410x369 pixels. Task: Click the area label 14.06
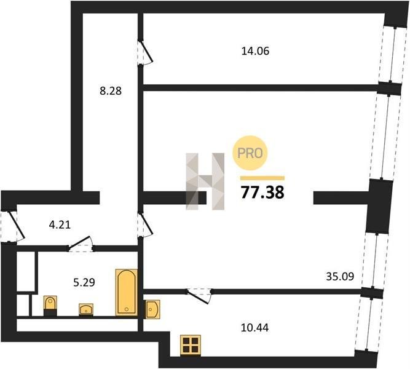coord(255,51)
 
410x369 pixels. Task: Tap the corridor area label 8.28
coord(111,91)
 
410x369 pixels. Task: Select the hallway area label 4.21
coord(60,225)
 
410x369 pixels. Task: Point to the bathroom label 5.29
coord(84,283)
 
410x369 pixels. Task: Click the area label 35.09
coord(340,276)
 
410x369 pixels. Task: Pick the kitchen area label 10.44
coord(254,328)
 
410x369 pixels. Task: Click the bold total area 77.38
coord(262,192)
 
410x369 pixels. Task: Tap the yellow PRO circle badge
coord(250,153)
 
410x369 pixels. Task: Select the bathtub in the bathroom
coord(127,292)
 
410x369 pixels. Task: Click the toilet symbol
coord(50,306)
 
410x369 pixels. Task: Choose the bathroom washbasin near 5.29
coord(86,309)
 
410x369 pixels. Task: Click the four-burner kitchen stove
coord(191,345)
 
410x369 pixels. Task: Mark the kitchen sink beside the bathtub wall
coord(152,309)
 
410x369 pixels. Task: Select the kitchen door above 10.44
coord(200,296)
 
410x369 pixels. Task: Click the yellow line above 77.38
coord(262,178)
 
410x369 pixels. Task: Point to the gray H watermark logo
coord(205,181)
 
